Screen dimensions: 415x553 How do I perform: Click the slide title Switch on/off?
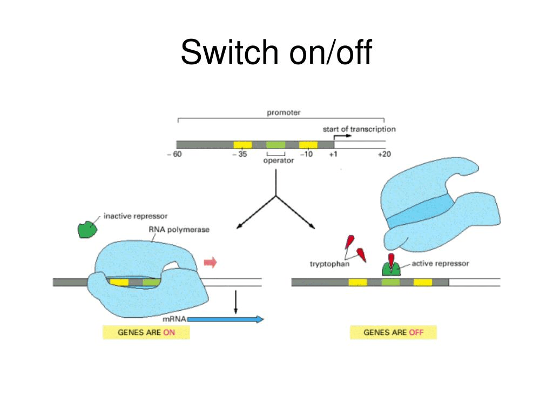(x=276, y=53)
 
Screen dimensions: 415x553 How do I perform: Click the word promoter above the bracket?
(x=284, y=112)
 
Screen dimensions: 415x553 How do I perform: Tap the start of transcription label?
(x=359, y=129)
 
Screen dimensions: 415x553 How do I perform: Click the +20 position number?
(x=383, y=155)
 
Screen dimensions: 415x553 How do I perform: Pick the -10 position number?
(x=306, y=155)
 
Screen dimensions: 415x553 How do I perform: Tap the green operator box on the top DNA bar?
(x=275, y=145)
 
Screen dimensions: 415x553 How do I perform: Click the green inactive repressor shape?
(x=87, y=229)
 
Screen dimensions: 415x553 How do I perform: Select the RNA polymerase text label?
(x=179, y=229)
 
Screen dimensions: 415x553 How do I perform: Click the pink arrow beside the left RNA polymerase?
(x=210, y=263)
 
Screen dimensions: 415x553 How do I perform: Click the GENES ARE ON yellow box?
(x=146, y=332)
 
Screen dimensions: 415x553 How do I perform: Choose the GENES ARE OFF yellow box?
(x=393, y=332)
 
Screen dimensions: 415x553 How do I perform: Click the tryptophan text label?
(x=329, y=264)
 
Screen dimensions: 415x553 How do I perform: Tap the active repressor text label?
(x=440, y=264)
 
